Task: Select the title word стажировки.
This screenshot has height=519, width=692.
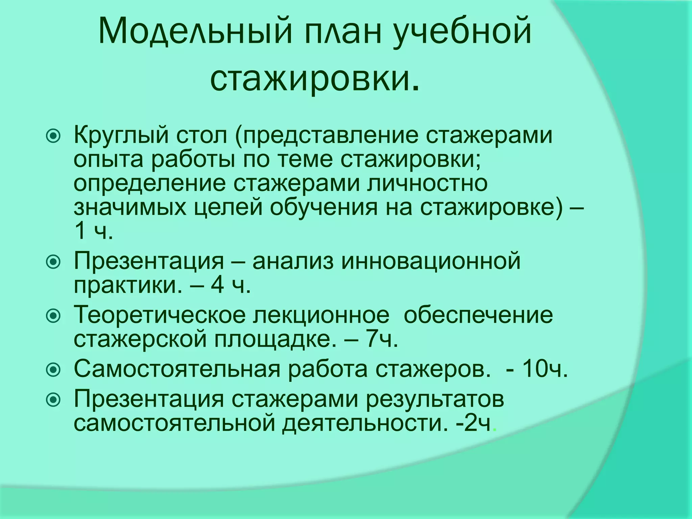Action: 314,79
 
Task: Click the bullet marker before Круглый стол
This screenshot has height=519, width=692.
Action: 53,136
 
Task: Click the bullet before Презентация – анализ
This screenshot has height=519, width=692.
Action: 53,262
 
